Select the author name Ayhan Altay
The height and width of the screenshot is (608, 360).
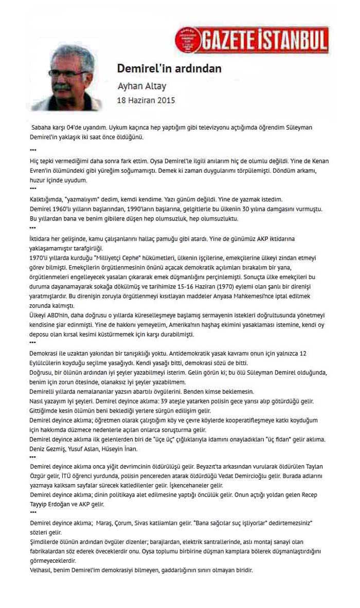(x=142, y=86)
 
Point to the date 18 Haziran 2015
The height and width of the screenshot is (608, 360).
(x=146, y=100)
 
